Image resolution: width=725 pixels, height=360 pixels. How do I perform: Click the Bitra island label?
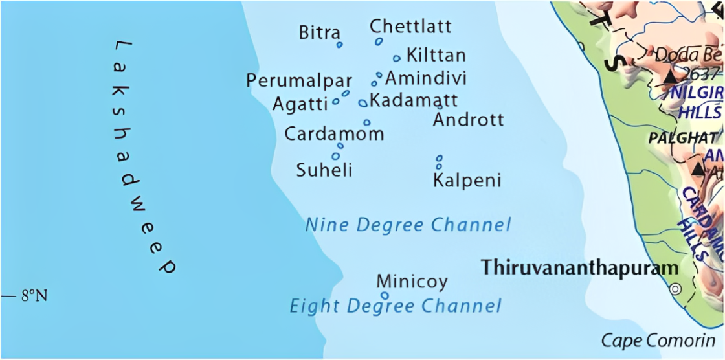[x=319, y=32]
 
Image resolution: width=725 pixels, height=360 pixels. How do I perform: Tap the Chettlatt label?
[x=410, y=27]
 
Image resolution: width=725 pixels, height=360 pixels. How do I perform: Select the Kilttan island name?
[x=436, y=55]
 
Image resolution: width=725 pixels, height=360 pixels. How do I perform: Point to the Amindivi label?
[x=426, y=78]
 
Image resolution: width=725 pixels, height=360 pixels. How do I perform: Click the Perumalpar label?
[x=299, y=81]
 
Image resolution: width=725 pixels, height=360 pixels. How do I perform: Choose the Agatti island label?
[x=300, y=104]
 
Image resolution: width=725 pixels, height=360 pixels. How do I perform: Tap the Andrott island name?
[x=468, y=120]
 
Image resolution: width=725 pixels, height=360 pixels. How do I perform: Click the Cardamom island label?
[x=334, y=134]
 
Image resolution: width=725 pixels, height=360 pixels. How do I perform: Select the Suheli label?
[x=324, y=170]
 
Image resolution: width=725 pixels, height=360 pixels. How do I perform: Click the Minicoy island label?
[x=412, y=282]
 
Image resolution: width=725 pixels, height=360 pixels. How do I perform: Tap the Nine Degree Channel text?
[x=408, y=225]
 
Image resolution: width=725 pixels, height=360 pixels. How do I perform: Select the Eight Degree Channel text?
[x=395, y=306]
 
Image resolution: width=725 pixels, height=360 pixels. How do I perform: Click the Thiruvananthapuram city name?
[x=579, y=267]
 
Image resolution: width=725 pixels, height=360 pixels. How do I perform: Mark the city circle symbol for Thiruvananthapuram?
[x=676, y=289]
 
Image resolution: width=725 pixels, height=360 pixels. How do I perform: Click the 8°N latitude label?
[x=34, y=296]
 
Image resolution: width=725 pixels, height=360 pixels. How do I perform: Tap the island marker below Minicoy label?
[x=385, y=296]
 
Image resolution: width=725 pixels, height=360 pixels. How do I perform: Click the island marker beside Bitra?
[x=339, y=45]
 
